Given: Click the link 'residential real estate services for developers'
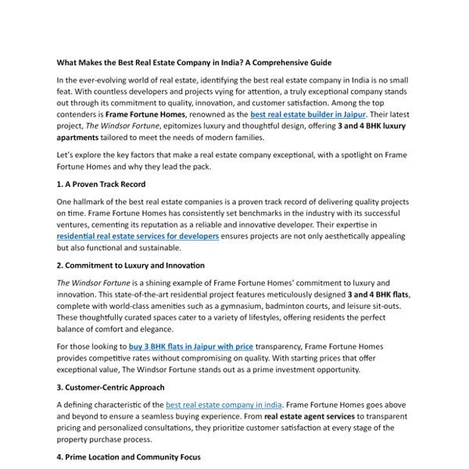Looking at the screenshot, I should pos(138,235).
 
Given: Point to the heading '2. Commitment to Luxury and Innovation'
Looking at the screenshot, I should pos(131,266).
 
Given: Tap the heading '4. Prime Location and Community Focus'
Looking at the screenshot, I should pos(128,457).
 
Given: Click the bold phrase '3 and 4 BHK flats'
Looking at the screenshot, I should pos(371,294).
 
